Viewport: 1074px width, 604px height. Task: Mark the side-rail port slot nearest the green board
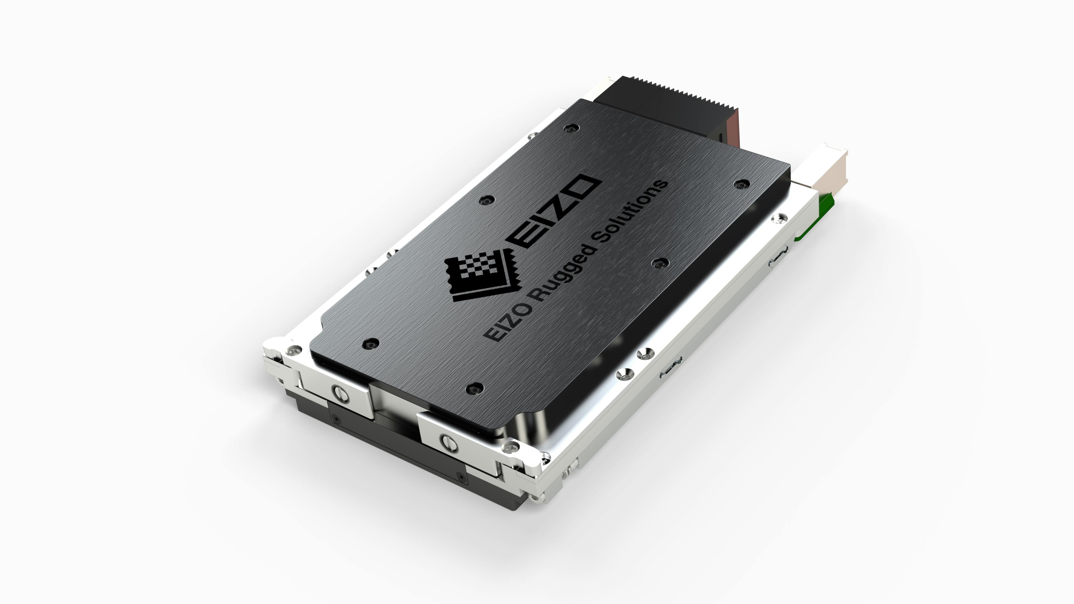point(778,256)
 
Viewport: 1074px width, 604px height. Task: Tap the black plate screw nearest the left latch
point(371,344)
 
